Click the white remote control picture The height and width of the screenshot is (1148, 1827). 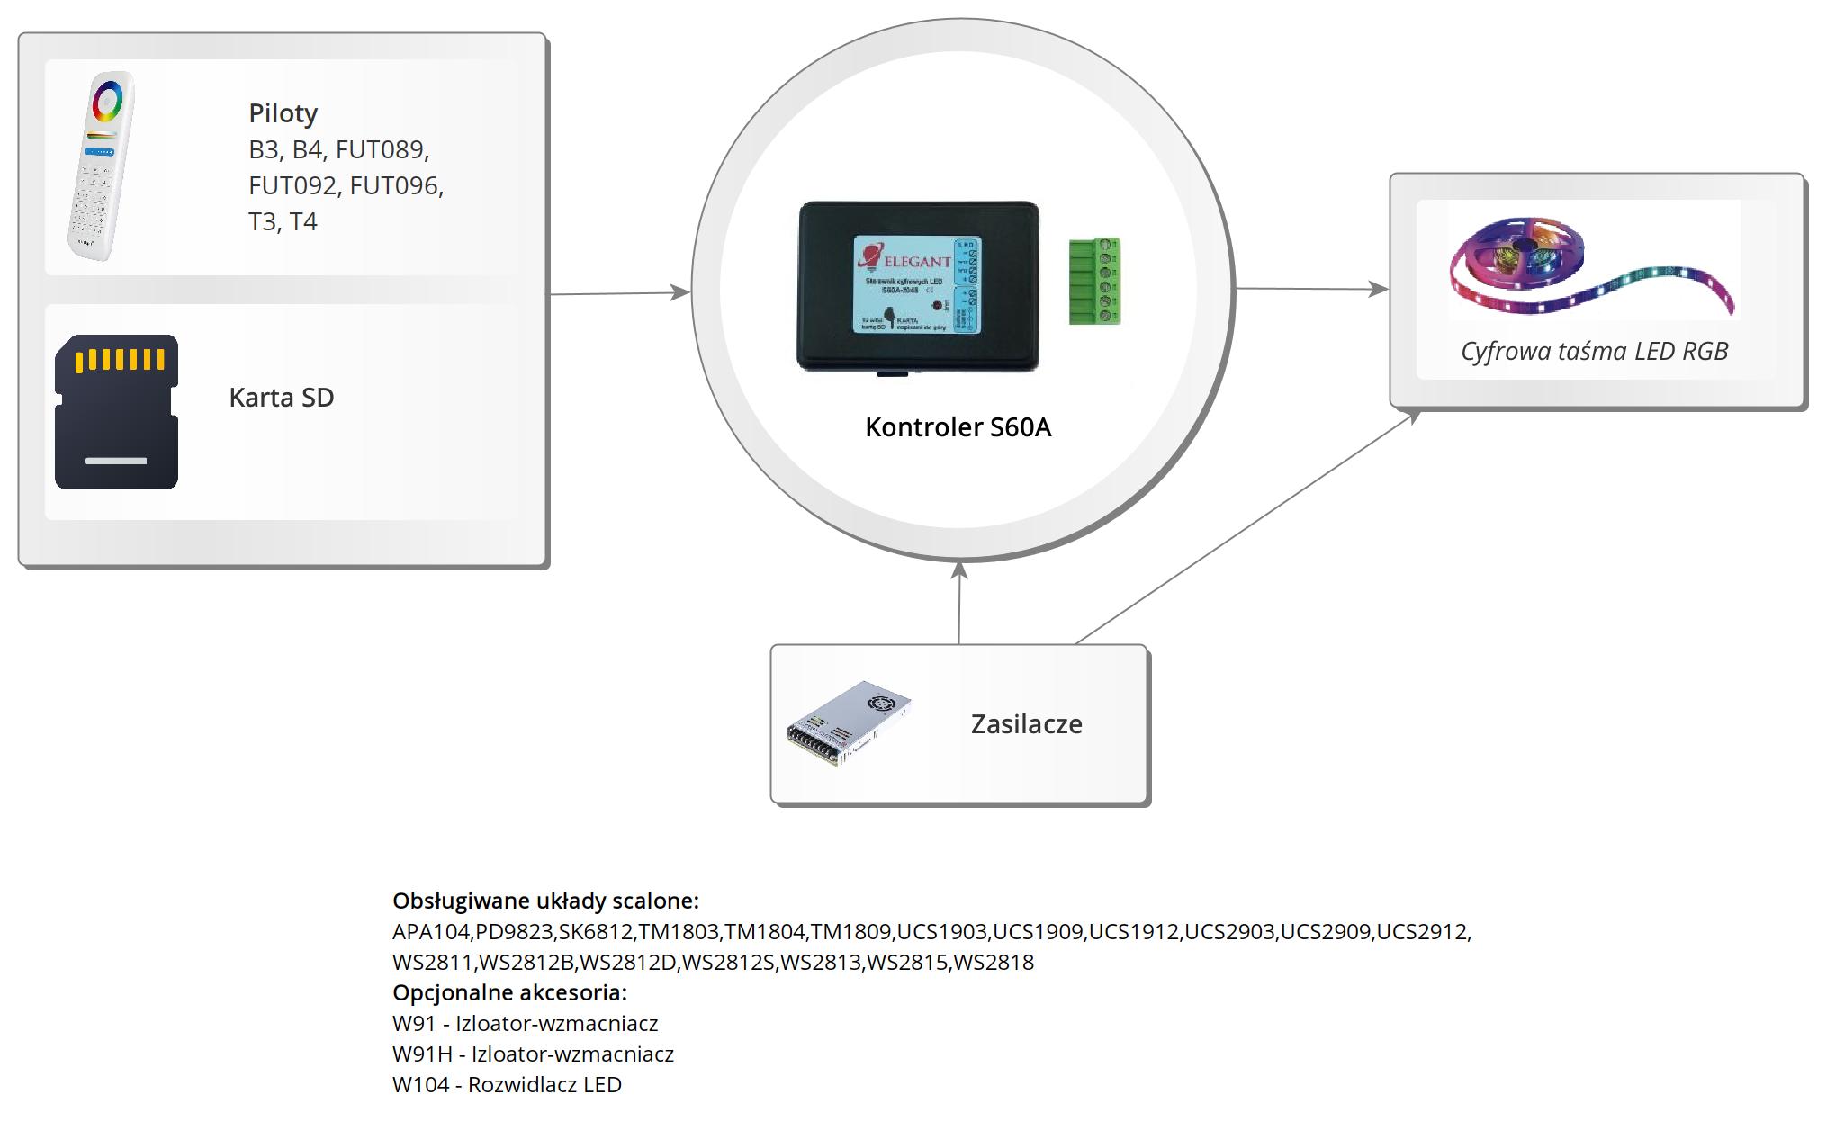coord(101,166)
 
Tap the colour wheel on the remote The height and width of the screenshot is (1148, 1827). coord(108,101)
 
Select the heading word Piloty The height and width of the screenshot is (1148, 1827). coord(283,113)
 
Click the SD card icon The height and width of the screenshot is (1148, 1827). coord(116,412)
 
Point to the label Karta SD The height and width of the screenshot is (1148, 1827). coord(281,398)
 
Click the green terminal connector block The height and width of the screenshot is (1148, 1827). coord(1094,281)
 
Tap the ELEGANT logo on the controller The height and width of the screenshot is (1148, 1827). coord(904,260)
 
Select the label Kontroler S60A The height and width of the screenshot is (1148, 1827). coord(958,427)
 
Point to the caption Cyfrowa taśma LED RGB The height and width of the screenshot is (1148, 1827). coord(1594,351)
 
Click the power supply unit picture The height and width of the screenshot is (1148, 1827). coord(849,722)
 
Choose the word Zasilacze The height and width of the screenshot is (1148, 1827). coord(1026,724)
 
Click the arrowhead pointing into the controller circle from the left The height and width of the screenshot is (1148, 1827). coord(680,291)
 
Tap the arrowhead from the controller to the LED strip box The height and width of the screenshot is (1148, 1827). coord(1378,289)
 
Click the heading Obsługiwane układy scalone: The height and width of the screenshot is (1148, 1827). coord(545,901)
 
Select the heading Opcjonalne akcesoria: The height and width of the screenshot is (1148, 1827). coord(509,992)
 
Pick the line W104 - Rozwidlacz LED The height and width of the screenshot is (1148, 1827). coord(507,1084)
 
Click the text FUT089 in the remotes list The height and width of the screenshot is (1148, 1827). coord(382,149)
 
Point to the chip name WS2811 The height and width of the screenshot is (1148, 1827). coord(432,962)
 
